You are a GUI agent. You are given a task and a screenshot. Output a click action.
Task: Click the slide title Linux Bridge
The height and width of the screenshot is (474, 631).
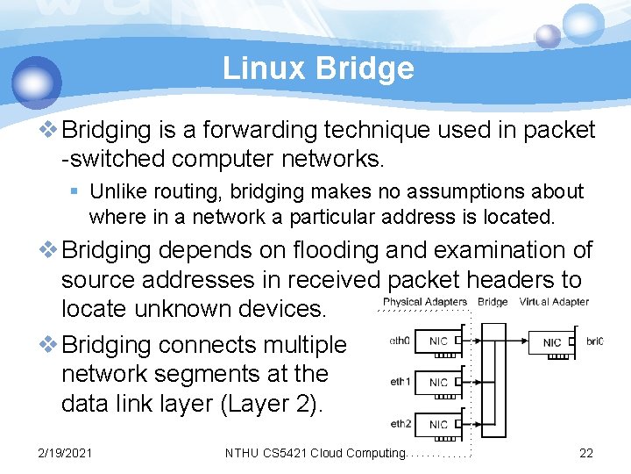coord(318,68)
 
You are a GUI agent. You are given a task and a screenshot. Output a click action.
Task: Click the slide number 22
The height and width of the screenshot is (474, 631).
coord(586,453)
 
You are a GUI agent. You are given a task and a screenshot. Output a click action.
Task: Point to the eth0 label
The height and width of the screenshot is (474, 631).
coord(399,340)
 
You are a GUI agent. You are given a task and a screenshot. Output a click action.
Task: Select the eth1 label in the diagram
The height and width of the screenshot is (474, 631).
coord(399,382)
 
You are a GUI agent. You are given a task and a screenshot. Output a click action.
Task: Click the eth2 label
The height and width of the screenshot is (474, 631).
coord(399,423)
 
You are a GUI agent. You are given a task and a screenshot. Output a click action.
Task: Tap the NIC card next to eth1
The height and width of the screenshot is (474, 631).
coord(439,382)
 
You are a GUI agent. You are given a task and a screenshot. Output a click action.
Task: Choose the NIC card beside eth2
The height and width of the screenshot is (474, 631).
coord(439,424)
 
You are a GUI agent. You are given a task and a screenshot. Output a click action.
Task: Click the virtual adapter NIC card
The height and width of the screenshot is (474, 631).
coord(552,341)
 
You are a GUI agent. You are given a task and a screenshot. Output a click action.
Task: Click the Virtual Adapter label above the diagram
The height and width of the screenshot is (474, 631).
coord(554,302)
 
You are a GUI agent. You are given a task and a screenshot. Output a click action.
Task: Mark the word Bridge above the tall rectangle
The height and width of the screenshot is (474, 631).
coord(493,302)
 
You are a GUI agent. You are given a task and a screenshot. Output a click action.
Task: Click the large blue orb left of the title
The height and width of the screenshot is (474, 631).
coord(37,83)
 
